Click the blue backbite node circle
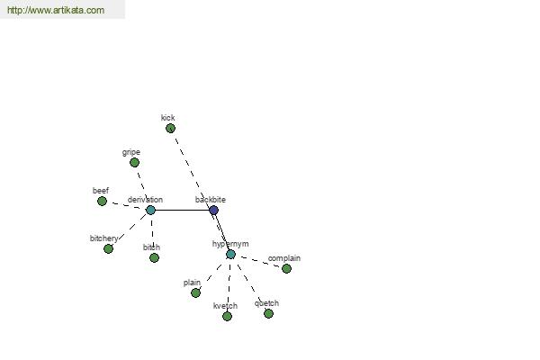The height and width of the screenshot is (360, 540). pyautogui.click(x=213, y=210)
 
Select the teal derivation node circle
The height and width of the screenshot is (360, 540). pyautogui.click(x=150, y=210)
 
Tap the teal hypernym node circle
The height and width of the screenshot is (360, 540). pyautogui.click(x=230, y=254)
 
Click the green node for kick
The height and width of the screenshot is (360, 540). pyautogui.click(x=170, y=128)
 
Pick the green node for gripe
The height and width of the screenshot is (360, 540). pyautogui.click(x=134, y=162)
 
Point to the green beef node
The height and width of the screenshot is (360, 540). pyautogui.click(x=102, y=201)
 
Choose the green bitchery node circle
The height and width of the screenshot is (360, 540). pyautogui.click(x=108, y=248)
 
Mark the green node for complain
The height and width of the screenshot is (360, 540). pyautogui.click(x=286, y=268)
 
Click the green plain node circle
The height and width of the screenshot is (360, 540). pyautogui.click(x=195, y=292)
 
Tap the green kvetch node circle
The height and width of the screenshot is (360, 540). pyautogui.click(x=227, y=316)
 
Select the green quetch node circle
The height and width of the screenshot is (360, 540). pyautogui.click(x=268, y=313)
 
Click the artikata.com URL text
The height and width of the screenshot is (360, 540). pyautogui.click(x=56, y=10)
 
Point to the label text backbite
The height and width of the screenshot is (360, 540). pyautogui.click(x=211, y=200)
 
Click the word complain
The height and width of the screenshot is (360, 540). pyautogui.click(x=284, y=258)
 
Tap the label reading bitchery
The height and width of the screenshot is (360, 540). pyautogui.click(x=103, y=238)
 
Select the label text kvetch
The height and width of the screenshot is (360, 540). pyautogui.click(x=225, y=306)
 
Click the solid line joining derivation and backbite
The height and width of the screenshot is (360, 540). pyautogui.click(x=182, y=210)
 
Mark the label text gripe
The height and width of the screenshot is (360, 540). pyautogui.click(x=131, y=152)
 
